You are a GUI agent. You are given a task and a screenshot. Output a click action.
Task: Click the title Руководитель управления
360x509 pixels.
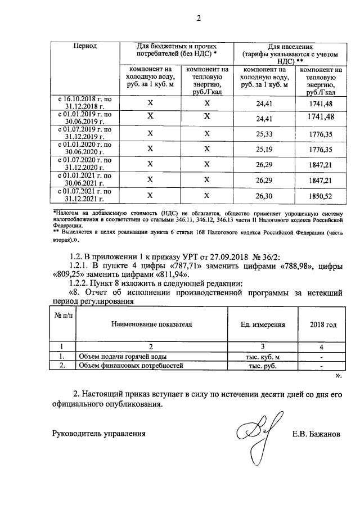99,434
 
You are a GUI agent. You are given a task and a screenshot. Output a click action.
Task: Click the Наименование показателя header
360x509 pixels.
151,325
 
